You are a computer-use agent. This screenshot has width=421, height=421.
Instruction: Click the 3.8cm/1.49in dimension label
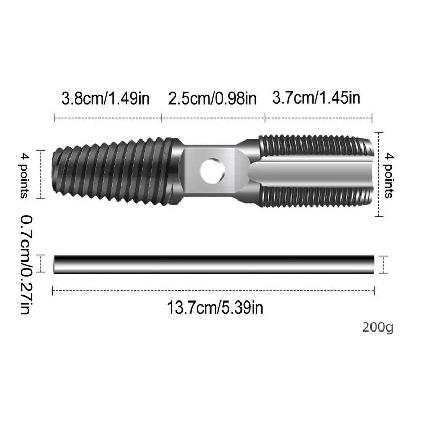107,97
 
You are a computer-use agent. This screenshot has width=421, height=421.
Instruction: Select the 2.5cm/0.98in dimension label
212,97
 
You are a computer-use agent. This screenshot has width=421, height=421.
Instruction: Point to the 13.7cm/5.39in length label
215,307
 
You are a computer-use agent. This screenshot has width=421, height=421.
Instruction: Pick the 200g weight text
377,327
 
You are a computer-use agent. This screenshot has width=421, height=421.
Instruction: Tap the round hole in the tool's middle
212,169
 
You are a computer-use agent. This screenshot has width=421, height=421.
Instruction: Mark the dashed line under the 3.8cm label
107,118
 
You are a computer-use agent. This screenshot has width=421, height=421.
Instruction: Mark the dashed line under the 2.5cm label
212,118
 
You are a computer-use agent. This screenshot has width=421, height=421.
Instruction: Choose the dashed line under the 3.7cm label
318,118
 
